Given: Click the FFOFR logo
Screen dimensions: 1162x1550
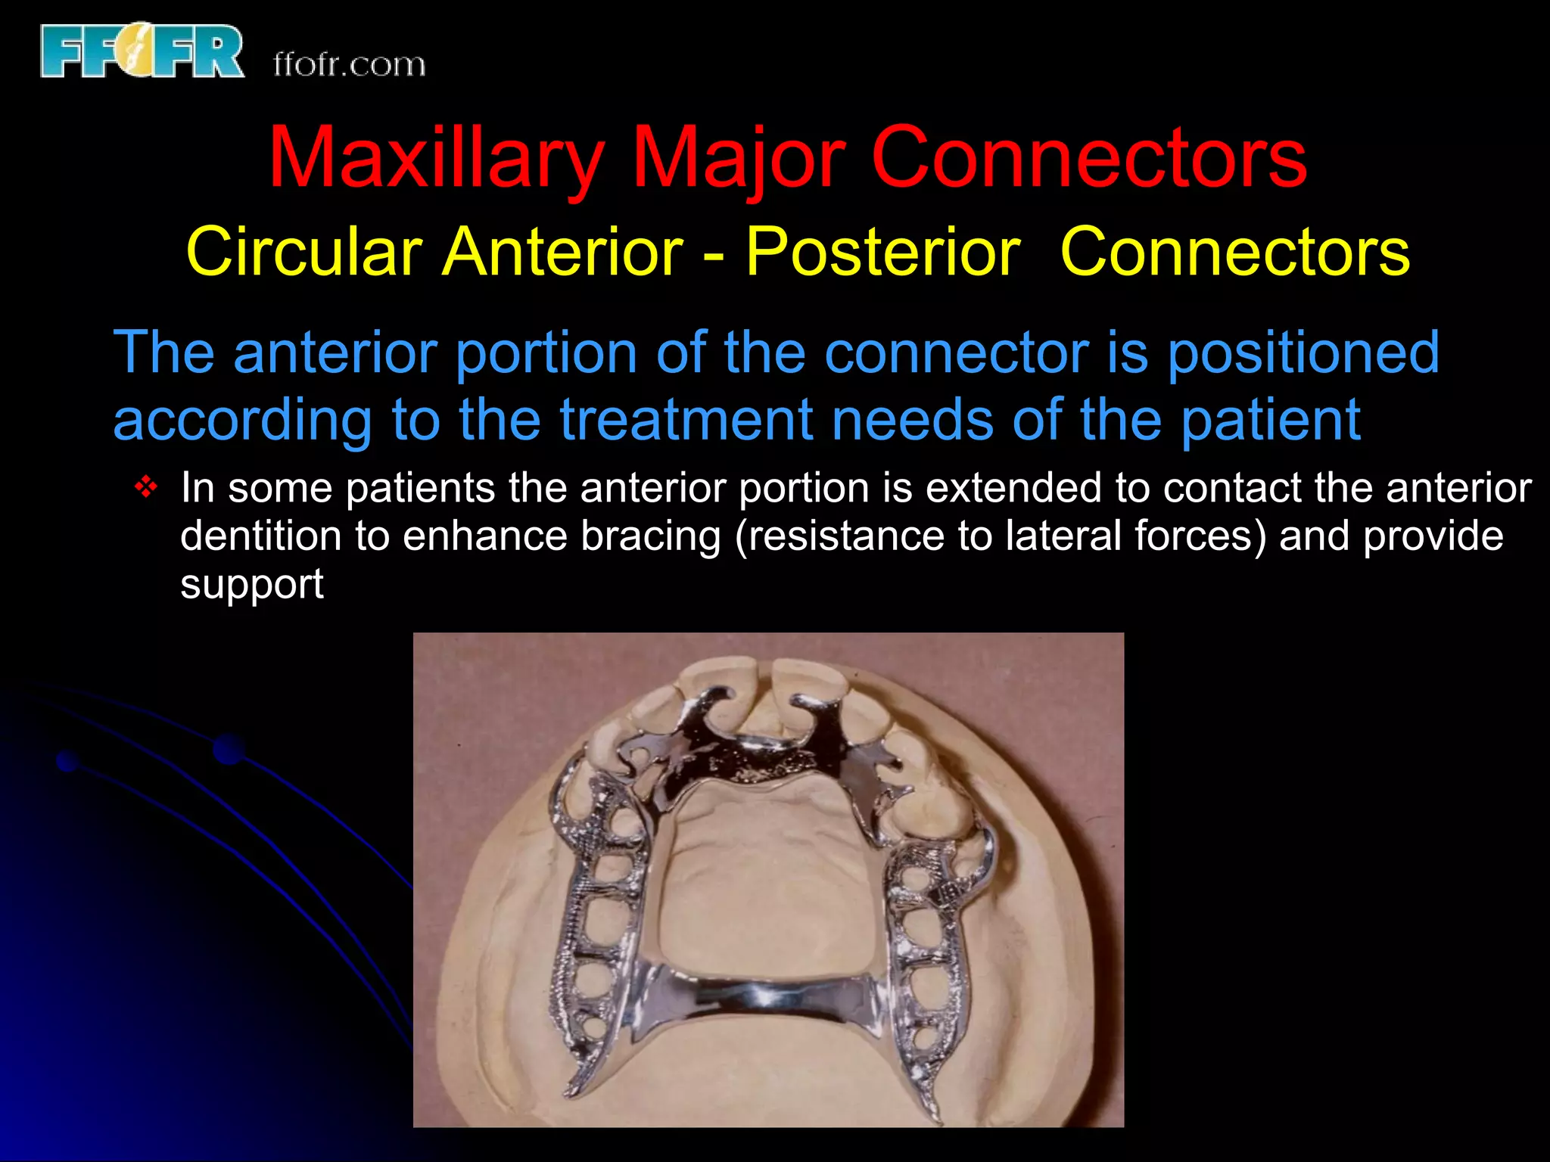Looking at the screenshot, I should [142, 50].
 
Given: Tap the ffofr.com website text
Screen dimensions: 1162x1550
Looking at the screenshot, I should [349, 65].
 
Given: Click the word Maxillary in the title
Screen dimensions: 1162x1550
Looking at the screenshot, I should [436, 157].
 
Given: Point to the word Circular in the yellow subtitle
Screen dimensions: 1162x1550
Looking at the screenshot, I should [303, 252].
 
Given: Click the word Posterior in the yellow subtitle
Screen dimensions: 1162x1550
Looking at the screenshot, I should [882, 252].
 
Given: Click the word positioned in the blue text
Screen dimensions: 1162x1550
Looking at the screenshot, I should [1303, 353].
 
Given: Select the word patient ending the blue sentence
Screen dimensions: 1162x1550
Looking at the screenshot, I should [1271, 420].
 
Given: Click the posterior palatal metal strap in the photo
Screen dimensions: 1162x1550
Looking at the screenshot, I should [764, 995].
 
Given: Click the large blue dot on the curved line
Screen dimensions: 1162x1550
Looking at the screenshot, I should [228, 749].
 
